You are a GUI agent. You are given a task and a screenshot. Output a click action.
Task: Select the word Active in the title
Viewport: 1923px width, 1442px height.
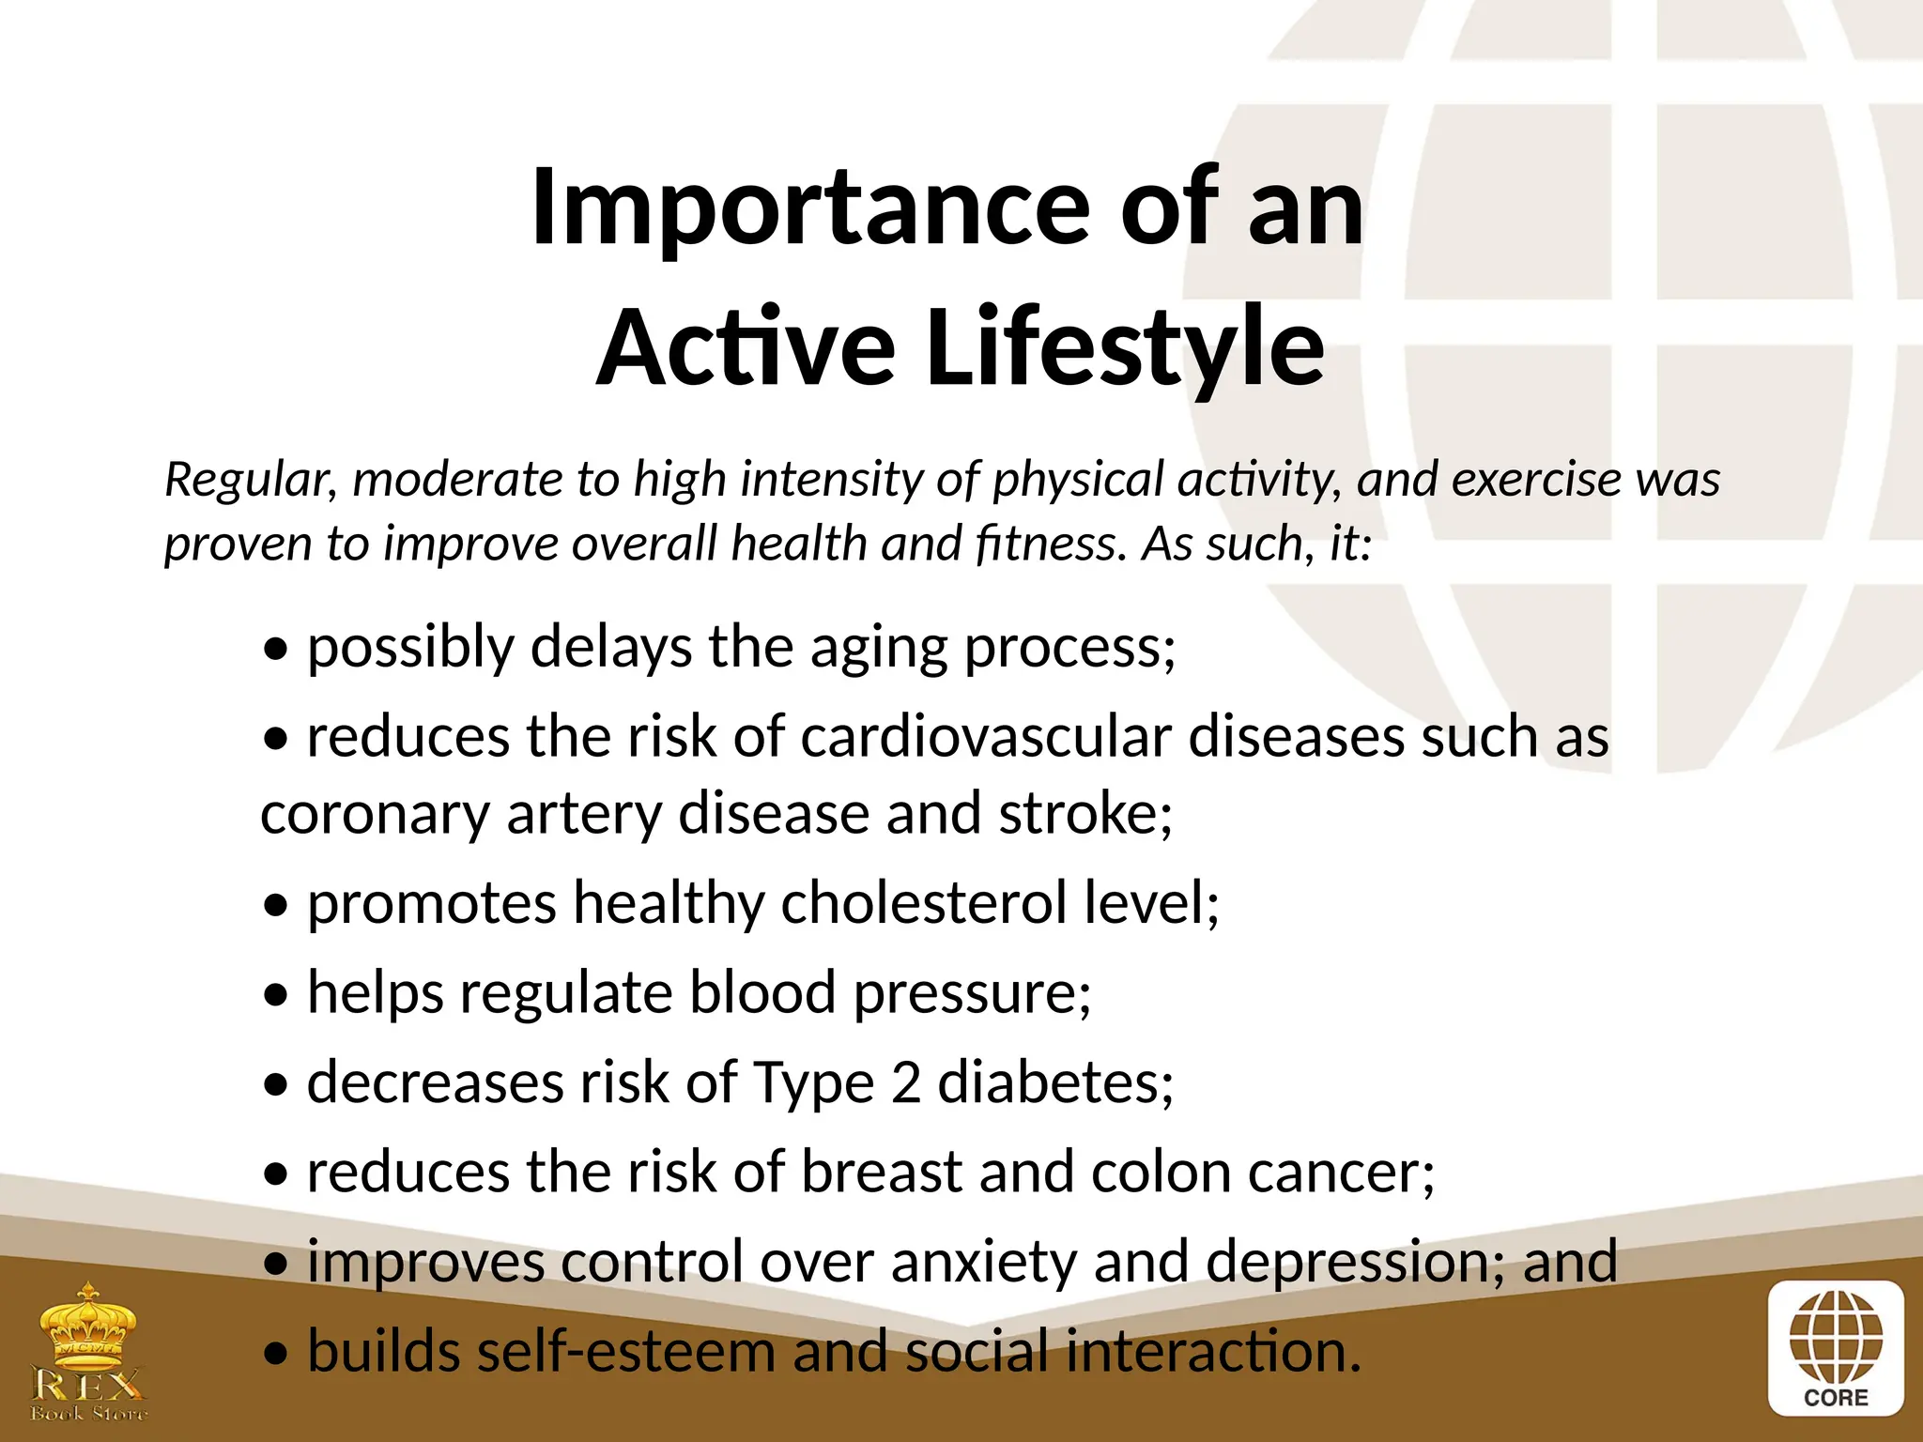[746, 348]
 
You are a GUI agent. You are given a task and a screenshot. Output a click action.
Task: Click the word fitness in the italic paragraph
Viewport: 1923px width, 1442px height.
[1050, 544]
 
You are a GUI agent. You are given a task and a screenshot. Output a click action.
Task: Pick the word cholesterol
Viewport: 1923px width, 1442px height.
[924, 903]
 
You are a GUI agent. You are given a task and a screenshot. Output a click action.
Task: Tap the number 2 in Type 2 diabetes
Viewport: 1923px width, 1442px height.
[906, 1082]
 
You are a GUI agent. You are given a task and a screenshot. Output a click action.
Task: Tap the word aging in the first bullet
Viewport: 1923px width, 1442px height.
[879, 648]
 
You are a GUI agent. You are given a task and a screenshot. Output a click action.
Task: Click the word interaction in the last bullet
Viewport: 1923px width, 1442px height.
[1206, 1352]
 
